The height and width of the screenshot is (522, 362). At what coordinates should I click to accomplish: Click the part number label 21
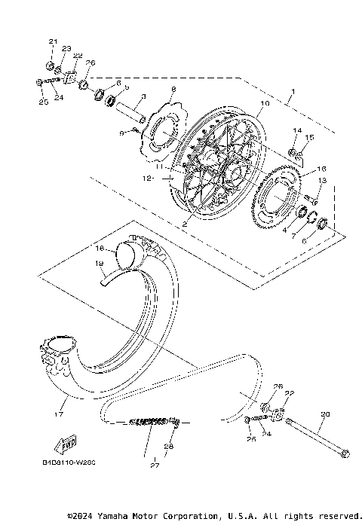pos(53,41)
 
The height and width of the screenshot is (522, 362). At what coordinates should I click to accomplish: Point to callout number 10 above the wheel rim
pos(264,104)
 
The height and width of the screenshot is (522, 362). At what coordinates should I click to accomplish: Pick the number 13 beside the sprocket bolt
pos(322,181)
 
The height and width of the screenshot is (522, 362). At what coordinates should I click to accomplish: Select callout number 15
pos(309,138)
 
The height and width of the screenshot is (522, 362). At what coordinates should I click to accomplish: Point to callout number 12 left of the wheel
pos(150,179)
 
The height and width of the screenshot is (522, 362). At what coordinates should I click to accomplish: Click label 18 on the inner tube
pos(98,247)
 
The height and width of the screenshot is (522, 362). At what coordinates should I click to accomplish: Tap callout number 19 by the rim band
pos(98,263)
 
